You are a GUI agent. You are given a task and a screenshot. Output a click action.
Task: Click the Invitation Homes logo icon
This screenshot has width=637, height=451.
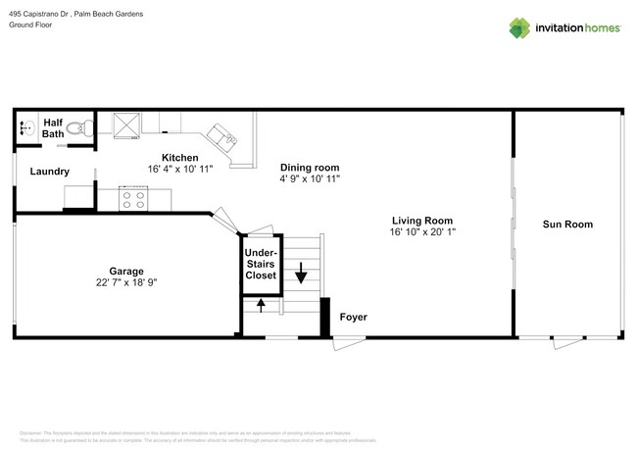coord(518,27)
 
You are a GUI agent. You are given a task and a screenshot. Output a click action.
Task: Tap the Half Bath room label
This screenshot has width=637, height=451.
coord(53,128)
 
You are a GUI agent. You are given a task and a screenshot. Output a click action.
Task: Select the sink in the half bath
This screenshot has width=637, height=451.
coord(25,127)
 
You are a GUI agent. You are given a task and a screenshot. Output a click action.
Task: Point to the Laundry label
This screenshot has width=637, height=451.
coord(49,172)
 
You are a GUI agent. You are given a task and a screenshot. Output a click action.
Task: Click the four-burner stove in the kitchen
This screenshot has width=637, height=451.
coord(133,199)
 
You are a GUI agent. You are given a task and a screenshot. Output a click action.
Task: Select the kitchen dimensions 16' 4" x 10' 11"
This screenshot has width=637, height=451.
coord(179,170)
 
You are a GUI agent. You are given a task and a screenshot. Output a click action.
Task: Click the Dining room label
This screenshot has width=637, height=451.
coord(310,168)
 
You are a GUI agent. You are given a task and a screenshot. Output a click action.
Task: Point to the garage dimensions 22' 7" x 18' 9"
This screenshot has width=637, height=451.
coord(125,282)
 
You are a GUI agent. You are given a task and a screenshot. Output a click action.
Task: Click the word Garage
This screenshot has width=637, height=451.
coord(125,271)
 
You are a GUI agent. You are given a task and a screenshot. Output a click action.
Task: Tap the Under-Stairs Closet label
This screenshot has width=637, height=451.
coord(260,264)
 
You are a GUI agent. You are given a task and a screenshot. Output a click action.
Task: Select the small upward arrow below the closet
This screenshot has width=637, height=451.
coord(260,305)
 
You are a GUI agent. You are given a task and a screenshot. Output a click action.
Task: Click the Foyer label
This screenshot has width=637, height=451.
coord(353,318)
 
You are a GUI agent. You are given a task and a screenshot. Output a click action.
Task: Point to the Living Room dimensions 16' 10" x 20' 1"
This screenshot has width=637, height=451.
coord(422,232)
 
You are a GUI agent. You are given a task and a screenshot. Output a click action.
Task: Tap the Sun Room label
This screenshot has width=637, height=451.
coord(567,225)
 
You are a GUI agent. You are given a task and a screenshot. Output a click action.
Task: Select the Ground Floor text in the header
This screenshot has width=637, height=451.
coord(30,25)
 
